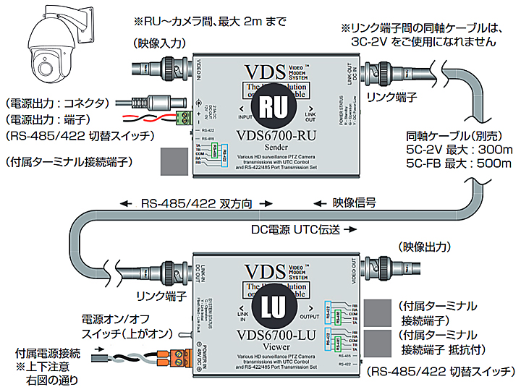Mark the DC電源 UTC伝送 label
[x=298, y=229]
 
